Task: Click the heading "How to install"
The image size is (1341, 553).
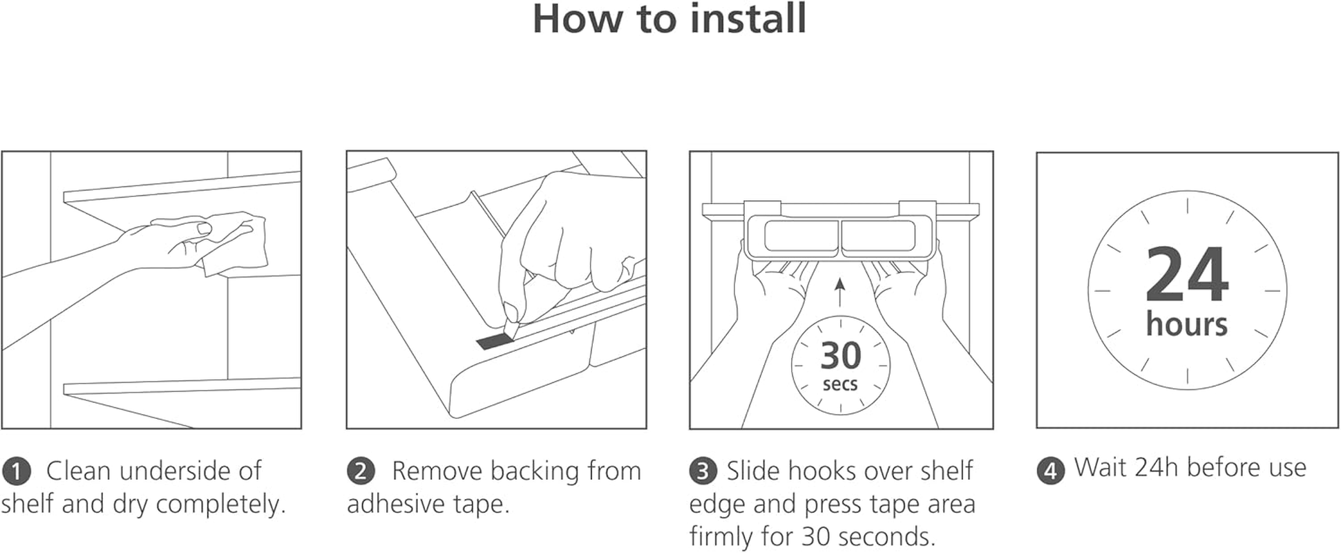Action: pos(669,19)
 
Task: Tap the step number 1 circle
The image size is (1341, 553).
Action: pos(16,472)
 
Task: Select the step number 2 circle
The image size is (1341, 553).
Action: pos(361,472)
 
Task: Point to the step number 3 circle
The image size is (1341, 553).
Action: pos(703,472)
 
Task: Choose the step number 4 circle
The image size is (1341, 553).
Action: pos(1050,471)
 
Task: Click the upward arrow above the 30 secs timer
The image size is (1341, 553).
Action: pos(840,292)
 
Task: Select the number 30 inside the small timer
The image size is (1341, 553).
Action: pos(841,356)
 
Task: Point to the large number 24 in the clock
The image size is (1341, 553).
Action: pos(1187,275)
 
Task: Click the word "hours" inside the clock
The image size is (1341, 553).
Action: pos(1186,324)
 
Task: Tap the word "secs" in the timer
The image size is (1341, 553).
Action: pos(840,384)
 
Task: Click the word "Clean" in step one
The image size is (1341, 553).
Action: pos(79,471)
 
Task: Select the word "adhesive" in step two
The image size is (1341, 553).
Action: pos(397,504)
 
